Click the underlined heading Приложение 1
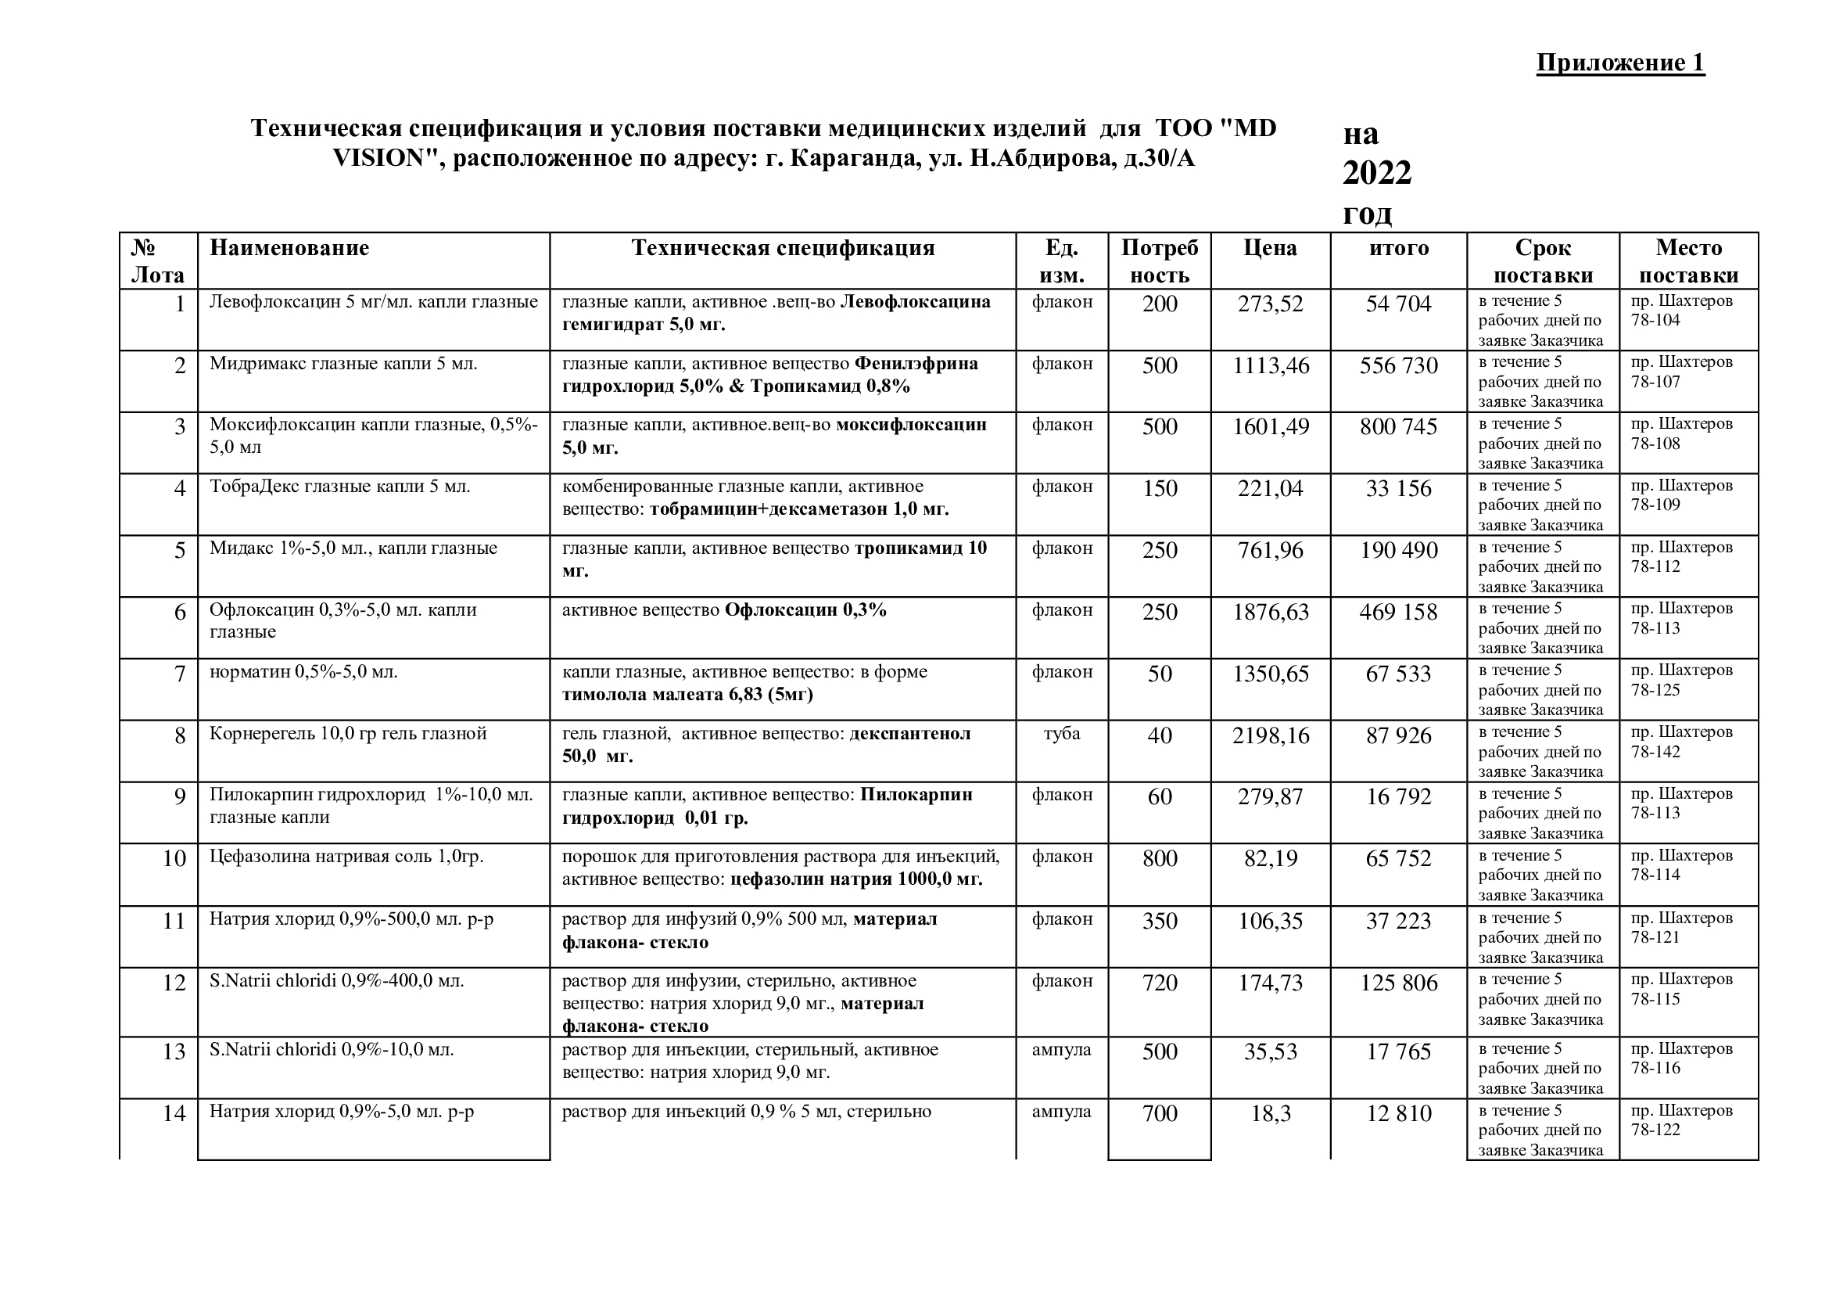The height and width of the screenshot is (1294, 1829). coord(1620,63)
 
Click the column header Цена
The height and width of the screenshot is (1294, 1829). coord(1270,248)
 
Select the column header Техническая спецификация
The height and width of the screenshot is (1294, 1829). coord(782,248)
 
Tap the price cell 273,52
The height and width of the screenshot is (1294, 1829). coord(1270,304)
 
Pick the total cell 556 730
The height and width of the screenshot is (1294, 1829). coord(1398,365)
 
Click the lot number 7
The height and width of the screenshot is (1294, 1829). coord(180,674)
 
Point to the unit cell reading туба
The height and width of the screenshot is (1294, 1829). coord(1061,733)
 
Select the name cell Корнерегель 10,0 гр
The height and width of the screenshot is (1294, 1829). coord(347,733)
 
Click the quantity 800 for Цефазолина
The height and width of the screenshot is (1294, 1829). coord(1159,858)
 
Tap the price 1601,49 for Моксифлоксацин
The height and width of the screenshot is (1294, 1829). coord(1270,427)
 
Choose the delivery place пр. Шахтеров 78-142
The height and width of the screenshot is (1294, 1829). coord(1681,742)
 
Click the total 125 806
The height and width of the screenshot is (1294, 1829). coord(1398,983)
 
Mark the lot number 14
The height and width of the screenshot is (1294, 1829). coord(174,1113)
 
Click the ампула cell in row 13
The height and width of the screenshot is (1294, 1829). coord(1061,1049)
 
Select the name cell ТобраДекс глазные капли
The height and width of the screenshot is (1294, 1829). coord(339,486)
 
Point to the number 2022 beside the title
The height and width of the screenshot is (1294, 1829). coord(1376,173)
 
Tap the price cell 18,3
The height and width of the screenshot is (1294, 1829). coord(1270,1113)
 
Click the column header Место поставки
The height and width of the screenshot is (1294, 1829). coord(1688,261)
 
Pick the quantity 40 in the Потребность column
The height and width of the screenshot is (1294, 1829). coord(1159,735)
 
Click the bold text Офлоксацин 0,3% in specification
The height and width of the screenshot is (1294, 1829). coord(805,610)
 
